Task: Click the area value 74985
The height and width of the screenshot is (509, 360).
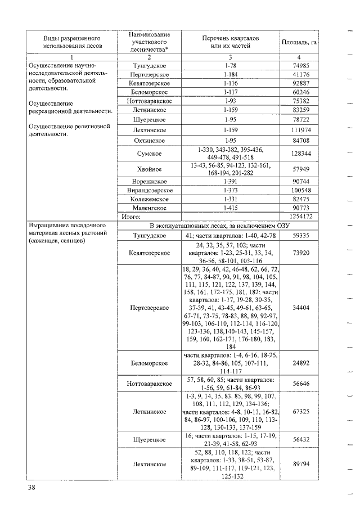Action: point(301,66)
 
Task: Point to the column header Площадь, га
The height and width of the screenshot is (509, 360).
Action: point(300,42)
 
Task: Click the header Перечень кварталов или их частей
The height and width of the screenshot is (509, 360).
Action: point(229,42)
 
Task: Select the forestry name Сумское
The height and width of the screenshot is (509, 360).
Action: point(149,154)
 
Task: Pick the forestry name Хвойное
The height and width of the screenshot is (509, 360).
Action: point(149,169)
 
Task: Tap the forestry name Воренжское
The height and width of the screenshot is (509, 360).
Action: point(149,182)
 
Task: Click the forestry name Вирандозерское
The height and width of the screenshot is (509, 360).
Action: point(149,191)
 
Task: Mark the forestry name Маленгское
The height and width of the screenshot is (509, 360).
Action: point(149,208)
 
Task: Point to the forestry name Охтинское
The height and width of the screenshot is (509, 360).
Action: point(149,140)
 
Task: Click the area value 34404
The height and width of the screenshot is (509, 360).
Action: point(301,308)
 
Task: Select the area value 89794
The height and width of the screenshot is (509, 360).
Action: point(301,464)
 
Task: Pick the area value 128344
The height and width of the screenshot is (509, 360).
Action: point(301,154)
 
